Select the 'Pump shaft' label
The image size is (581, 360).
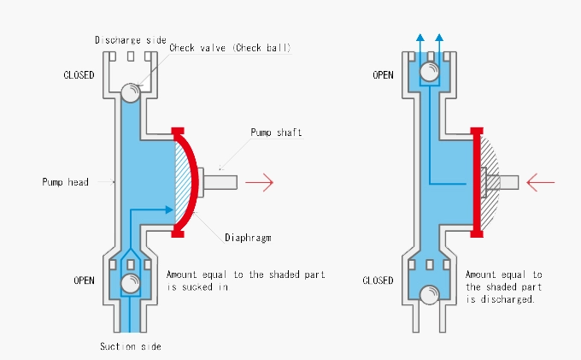coord(276,133)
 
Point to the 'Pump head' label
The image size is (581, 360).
coord(65,182)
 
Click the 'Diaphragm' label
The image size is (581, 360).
coord(248,237)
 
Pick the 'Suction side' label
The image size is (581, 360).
coord(132,346)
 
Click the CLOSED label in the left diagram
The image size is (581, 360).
coord(79,75)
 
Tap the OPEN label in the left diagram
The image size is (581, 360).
coord(84,280)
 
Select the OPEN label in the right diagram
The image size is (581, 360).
coord(382,75)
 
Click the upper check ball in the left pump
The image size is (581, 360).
coord(131,91)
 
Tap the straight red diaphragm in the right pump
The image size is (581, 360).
coord(476,182)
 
